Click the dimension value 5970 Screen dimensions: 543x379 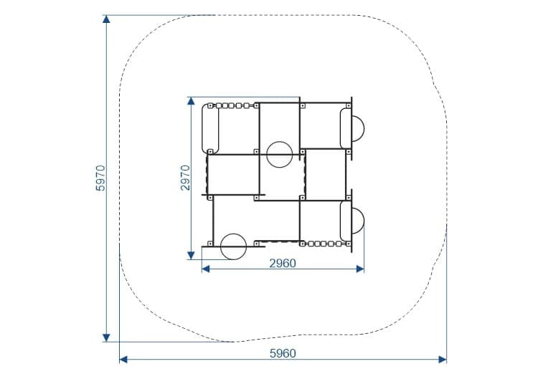pyautogui.click(x=100, y=178)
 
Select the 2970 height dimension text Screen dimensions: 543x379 pyautogui.click(x=185, y=178)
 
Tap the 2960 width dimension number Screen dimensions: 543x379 pyautogui.click(x=283, y=264)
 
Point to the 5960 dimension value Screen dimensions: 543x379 pyautogui.click(x=283, y=353)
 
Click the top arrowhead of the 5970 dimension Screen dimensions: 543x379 pyautogui.click(x=106, y=19)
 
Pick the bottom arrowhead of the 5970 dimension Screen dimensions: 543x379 pyautogui.click(x=106, y=338)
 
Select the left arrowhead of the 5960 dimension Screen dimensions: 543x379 pyautogui.click(x=123, y=360)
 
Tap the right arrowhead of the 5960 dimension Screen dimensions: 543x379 pyautogui.click(x=443, y=360)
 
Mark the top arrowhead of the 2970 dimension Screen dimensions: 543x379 pyautogui.click(x=191, y=100)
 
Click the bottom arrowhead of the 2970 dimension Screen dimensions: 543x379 pyautogui.click(x=191, y=256)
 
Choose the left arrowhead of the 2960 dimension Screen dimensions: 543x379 pyautogui.click(x=206, y=269)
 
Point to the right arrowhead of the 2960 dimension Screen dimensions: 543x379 pyautogui.click(x=360, y=269)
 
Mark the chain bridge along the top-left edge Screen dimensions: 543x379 pyautogui.click(x=232, y=105)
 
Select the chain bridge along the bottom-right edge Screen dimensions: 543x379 pyautogui.click(x=325, y=244)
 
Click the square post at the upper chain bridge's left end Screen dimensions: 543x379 pyautogui.click(x=210, y=105)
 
